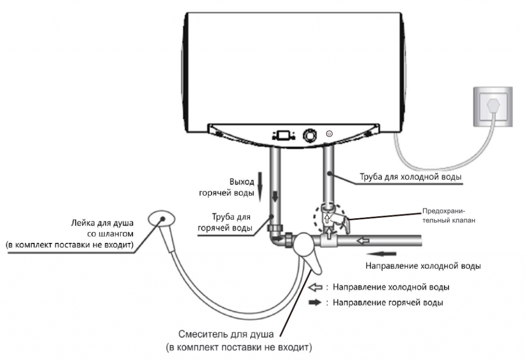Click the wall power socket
493,106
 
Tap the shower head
161,218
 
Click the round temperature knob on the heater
310,135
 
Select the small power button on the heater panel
329,134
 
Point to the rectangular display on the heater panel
284,135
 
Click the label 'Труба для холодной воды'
410,177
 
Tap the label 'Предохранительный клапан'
448,216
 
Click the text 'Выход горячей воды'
227,187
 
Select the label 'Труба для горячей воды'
225,222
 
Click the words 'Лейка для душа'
102,223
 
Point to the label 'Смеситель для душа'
226,334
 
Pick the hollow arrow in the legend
315,287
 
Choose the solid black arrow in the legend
315,302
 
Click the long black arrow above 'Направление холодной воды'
382,254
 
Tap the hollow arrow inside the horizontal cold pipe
363,240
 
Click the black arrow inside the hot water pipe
275,196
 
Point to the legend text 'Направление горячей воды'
388,302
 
